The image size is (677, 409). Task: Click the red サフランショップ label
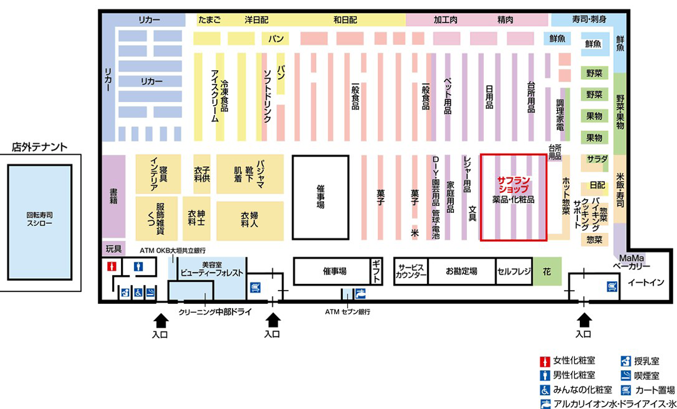click(x=513, y=184)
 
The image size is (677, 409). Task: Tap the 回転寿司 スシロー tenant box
click(x=39, y=222)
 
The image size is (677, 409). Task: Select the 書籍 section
click(x=113, y=196)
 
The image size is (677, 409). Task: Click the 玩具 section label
click(x=113, y=249)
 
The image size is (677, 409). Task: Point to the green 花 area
click(x=547, y=271)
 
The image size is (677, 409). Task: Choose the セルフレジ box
click(x=514, y=271)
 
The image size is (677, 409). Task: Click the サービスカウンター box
click(x=411, y=271)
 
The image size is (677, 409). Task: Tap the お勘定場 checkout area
click(x=461, y=271)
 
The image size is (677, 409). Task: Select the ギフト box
click(x=377, y=271)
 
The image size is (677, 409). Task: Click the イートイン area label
click(x=646, y=282)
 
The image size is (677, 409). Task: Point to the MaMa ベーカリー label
click(x=631, y=261)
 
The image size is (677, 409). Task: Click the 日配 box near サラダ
click(x=597, y=185)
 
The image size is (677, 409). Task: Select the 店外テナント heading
click(x=39, y=147)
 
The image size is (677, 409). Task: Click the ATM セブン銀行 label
click(x=347, y=311)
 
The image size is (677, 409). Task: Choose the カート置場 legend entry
click(x=648, y=390)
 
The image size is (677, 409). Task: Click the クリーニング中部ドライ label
click(x=214, y=313)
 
